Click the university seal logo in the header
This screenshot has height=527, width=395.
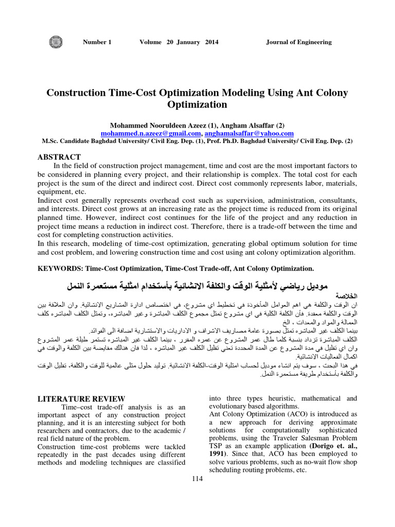(54, 42)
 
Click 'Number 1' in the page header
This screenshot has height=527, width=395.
(97, 42)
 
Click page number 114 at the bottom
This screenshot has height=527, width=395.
(197, 479)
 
